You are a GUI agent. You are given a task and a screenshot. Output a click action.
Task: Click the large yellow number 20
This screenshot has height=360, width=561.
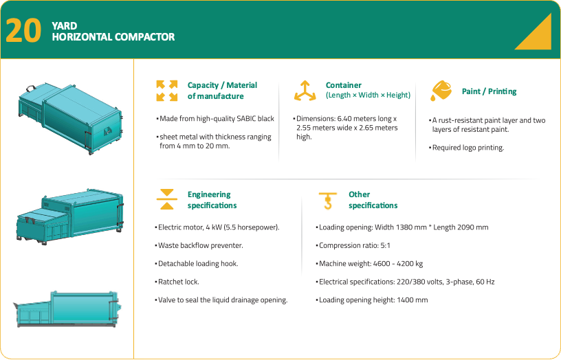coord(23,30)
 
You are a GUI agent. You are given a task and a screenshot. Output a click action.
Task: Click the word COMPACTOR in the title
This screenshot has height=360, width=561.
coord(145,37)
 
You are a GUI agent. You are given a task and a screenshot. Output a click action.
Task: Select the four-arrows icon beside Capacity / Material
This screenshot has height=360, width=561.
coord(167,91)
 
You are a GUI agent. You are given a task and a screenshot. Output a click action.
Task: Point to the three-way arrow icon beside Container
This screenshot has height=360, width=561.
coord(305,91)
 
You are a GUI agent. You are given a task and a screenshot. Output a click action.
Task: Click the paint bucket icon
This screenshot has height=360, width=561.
coord(441,91)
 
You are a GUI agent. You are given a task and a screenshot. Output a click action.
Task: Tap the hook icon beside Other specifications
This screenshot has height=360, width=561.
coord(328,201)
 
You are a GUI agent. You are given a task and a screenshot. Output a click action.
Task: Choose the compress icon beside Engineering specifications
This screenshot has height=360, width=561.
coord(167,199)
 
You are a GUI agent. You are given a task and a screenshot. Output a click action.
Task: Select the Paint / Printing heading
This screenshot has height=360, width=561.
coord(489,91)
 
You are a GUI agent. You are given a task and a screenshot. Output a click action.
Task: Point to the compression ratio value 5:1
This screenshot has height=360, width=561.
coord(385,245)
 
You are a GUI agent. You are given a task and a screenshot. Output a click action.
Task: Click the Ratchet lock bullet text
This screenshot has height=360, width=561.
coord(177,282)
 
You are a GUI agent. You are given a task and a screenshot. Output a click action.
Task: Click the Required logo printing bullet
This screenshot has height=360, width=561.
coord(467,148)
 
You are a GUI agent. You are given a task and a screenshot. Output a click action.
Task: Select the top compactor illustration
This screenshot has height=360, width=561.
coord(71,119)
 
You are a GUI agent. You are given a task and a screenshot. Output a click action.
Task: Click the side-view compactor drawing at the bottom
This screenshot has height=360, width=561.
coord(67,309)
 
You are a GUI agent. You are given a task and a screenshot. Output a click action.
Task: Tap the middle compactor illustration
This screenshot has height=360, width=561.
coord(70,217)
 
